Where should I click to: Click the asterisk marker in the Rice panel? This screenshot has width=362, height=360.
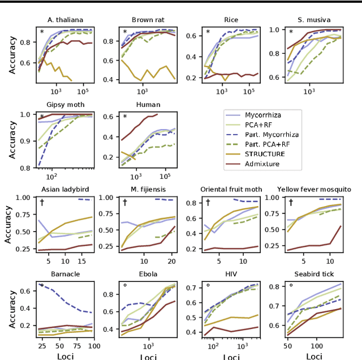pos(208,32)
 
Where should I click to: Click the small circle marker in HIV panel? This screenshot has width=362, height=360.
pos(208,286)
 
